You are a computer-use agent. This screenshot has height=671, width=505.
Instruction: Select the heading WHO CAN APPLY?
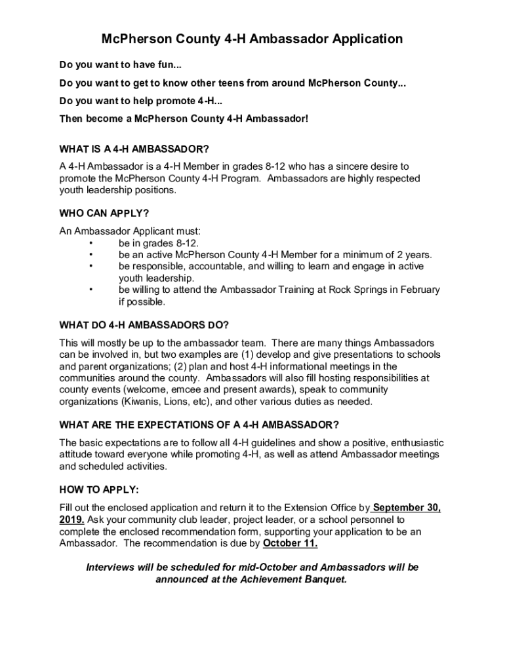pos(104,213)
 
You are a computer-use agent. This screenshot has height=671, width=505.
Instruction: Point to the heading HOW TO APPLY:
pos(99,489)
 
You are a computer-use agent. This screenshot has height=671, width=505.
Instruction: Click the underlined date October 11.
pos(290,543)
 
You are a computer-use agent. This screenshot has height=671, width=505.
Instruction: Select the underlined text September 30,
pos(406,508)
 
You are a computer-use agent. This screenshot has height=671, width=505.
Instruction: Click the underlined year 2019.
pos(71,520)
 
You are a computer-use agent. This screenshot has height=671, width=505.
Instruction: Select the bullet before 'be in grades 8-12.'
pos(91,242)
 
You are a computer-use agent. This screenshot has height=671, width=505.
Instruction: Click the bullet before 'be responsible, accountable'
pos(91,266)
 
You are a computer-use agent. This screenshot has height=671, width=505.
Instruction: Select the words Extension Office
pos(319,508)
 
